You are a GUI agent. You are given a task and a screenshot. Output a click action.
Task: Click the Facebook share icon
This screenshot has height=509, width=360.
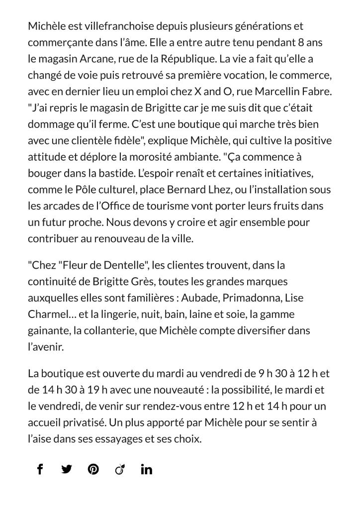[40, 469]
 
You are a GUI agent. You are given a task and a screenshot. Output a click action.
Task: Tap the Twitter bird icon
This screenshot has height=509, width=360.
[67, 469]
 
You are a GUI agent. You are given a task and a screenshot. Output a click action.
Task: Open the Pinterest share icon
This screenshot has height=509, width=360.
[93, 469]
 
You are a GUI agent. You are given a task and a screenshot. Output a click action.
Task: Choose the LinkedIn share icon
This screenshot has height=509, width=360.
[146, 469]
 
